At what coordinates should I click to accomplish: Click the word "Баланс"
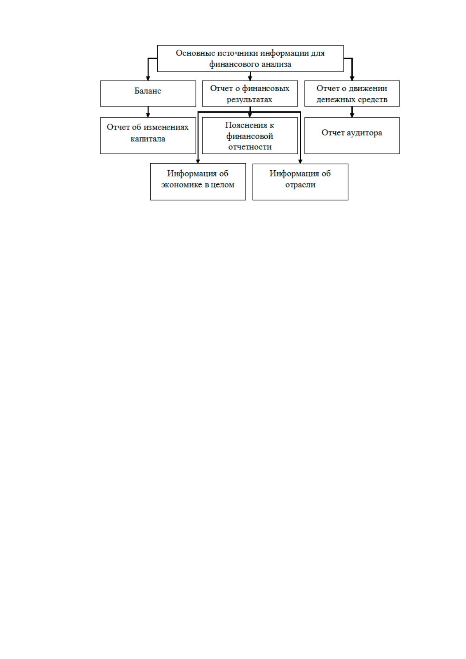(x=148, y=91)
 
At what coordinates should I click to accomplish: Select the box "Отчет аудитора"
(x=352, y=136)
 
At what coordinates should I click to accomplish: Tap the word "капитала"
(x=148, y=139)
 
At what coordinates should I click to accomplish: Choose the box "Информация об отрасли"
(x=300, y=182)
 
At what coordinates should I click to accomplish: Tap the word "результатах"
(x=250, y=100)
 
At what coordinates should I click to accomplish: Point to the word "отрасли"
(x=300, y=185)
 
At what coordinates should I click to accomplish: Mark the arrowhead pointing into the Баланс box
(x=148, y=78)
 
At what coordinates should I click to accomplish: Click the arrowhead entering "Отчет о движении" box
(x=352, y=78)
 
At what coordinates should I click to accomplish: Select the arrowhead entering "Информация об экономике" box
(x=198, y=161)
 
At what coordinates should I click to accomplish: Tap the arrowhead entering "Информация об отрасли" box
(x=300, y=161)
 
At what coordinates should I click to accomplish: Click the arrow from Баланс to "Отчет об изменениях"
(x=148, y=112)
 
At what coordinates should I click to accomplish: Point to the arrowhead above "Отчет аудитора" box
(x=352, y=115)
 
